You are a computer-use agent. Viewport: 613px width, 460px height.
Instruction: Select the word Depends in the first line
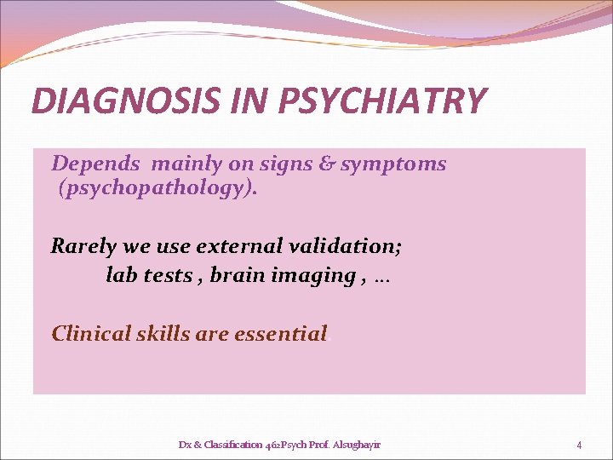pyautogui.click(x=95, y=163)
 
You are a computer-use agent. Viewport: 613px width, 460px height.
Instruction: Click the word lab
pyautogui.click(x=123, y=275)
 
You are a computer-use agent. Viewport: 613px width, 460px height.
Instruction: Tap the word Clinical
pyautogui.click(x=92, y=333)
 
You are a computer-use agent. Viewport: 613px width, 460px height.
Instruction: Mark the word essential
pyautogui.click(x=280, y=333)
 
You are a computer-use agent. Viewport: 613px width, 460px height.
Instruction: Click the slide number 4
pyautogui.click(x=579, y=445)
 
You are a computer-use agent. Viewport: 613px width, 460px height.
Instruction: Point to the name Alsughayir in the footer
pyautogui.click(x=359, y=445)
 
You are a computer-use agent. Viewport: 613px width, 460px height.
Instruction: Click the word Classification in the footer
pyautogui.click(x=225, y=445)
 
